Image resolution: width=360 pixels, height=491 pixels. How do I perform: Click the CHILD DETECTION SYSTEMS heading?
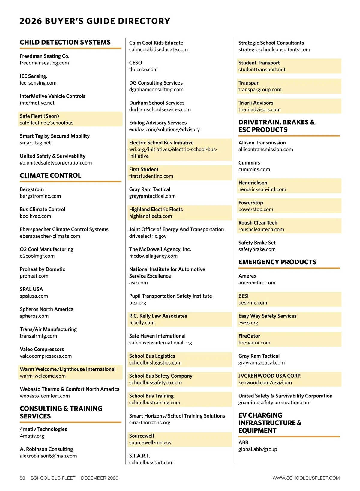(65, 42)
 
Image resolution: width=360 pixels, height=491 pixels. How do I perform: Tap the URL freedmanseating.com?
(44, 63)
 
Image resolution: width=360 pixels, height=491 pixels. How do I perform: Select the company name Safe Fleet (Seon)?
(39, 116)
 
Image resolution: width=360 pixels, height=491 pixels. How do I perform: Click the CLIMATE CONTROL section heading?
(50, 175)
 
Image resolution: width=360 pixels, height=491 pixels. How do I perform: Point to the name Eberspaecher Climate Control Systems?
(64, 229)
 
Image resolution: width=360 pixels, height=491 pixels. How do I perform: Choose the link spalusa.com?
(34, 296)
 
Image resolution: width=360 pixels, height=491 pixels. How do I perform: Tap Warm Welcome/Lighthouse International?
(67, 369)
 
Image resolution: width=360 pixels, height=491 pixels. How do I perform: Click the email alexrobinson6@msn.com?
(48, 456)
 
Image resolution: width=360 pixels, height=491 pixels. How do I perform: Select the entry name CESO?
(136, 63)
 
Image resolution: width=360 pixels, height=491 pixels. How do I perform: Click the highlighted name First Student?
(144, 169)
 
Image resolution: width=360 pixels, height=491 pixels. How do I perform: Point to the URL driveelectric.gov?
(148, 236)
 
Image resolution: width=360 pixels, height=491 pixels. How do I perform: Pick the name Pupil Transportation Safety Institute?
(170, 296)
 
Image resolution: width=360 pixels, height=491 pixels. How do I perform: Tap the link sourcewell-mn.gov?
(150, 443)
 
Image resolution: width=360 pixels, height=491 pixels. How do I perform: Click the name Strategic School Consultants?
(271, 43)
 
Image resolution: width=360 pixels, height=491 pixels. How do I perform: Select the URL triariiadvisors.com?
(259, 110)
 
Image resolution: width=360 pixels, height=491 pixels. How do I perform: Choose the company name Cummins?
(249, 163)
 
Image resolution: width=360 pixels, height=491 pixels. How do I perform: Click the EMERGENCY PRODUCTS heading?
(277, 262)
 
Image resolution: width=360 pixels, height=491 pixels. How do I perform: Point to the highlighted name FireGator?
(249, 336)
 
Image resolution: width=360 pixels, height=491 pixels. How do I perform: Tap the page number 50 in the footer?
(22, 478)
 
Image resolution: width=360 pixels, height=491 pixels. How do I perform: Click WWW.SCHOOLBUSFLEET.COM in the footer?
(306, 478)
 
